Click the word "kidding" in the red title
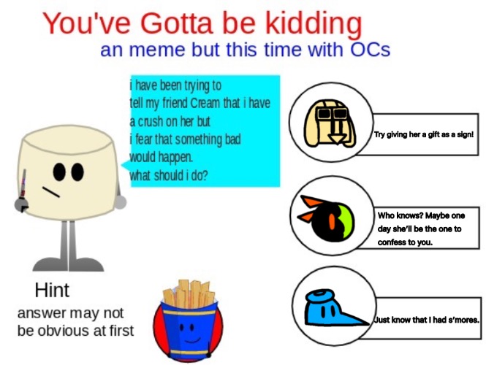coord(314,24)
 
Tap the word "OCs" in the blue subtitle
coord(370,50)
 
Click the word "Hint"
coord(52,290)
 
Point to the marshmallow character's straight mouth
coord(51,192)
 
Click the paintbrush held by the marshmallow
coord(23,190)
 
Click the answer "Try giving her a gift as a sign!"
coord(424,134)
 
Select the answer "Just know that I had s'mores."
coord(426,320)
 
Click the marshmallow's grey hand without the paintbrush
coord(121,202)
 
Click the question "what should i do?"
coord(168,175)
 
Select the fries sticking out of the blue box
coord(189,293)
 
